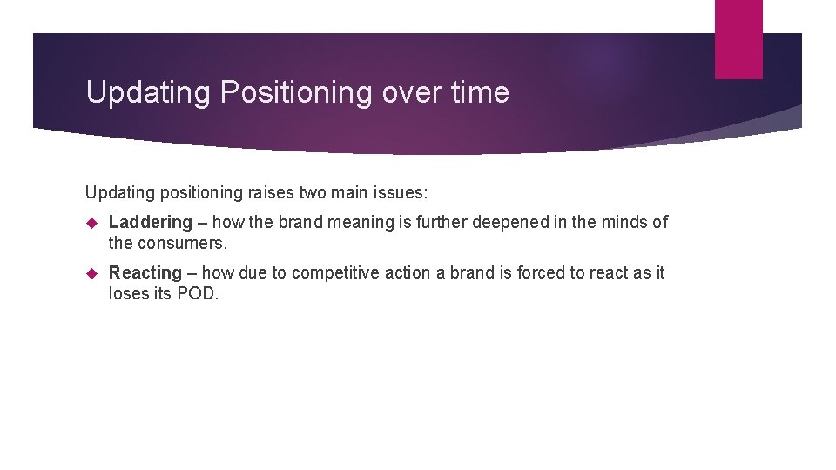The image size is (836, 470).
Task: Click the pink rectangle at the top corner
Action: click(738, 39)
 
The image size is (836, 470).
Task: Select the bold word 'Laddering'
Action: click(150, 223)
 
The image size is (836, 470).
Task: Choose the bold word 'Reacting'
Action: click(145, 273)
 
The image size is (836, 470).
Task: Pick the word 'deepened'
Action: click(512, 223)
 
